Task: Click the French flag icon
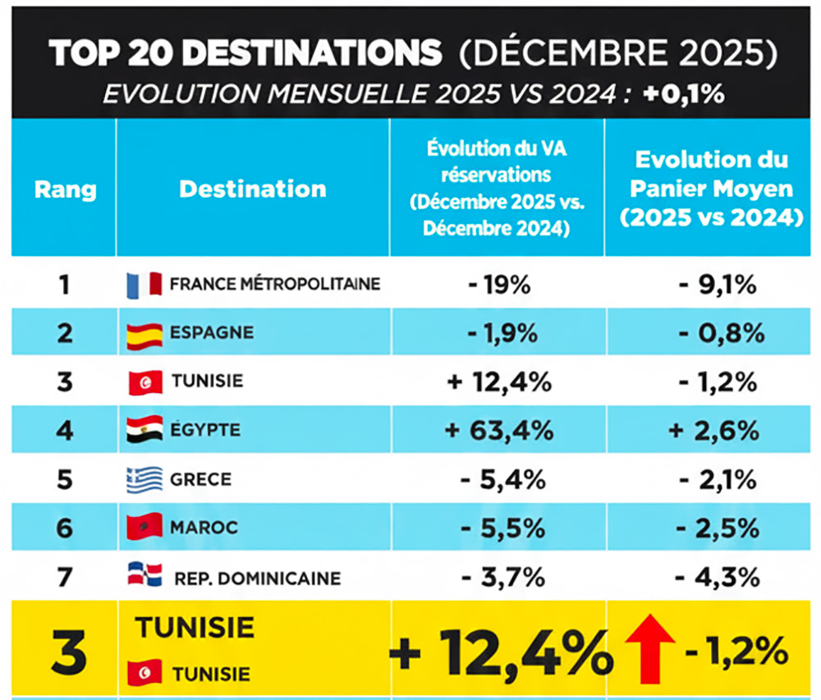[x=144, y=285]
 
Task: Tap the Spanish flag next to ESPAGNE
[x=144, y=334]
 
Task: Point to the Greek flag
[x=144, y=479]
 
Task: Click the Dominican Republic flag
[x=144, y=574]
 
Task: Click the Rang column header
[x=65, y=190]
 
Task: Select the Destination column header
[x=252, y=189]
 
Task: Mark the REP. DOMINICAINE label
[x=257, y=578]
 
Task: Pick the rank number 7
[x=65, y=578]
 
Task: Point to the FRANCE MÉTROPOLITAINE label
[x=275, y=285]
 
